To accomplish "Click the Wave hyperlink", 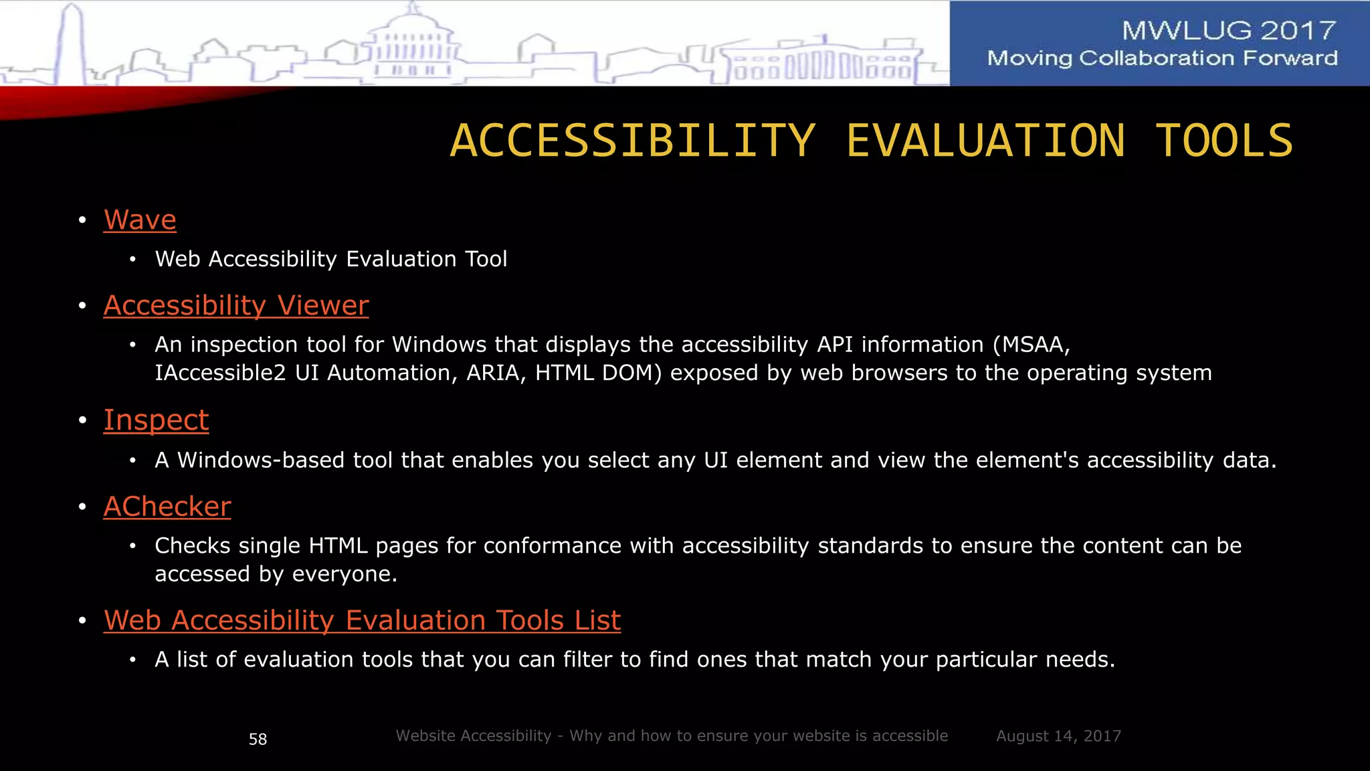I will tap(140, 220).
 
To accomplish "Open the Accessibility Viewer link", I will tap(235, 306).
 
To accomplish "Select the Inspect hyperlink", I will tap(156, 420).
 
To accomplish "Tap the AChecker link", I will tap(167, 507).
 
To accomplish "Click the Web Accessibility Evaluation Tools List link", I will tap(362, 620).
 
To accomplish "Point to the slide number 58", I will tap(258, 739).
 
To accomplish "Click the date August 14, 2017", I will tap(1058, 736).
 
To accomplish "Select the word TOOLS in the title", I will tap(1224, 141).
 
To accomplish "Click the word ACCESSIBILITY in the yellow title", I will tap(633, 141).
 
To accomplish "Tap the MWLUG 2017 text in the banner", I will tap(1228, 30).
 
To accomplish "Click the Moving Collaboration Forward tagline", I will tap(1162, 58).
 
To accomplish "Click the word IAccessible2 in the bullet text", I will tap(220, 373).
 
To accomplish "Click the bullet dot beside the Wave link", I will tap(82, 220).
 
